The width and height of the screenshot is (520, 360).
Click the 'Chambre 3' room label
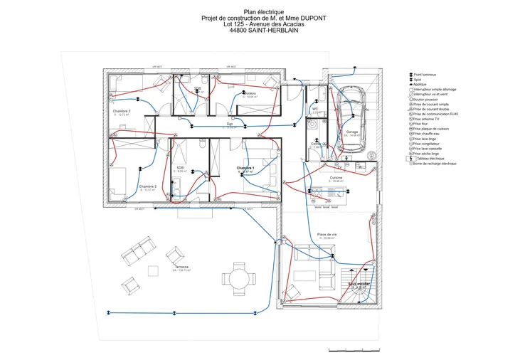tap(121, 112)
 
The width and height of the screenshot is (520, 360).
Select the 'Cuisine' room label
tap(336, 177)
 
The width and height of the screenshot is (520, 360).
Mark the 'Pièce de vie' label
tap(327, 234)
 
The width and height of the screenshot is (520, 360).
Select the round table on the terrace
tap(235, 276)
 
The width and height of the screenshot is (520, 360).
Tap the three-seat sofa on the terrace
tap(136, 251)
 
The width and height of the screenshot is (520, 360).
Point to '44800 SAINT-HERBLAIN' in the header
tap(263, 31)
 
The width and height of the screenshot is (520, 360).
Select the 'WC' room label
tap(314, 109)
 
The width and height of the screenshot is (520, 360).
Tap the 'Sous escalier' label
tap(359, 283)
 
